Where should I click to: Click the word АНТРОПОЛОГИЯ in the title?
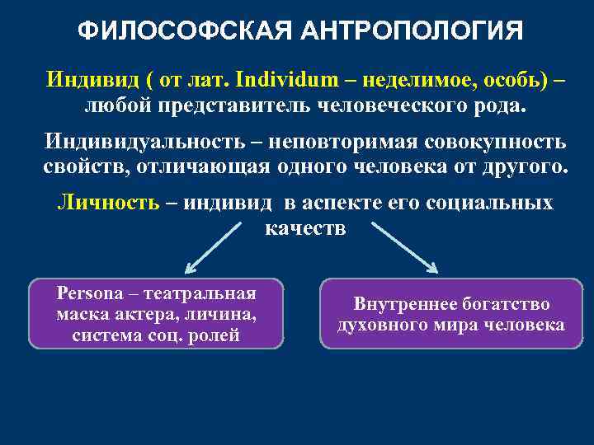[412, 30]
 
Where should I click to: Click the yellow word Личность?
[107, 204]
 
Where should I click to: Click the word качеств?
[305, 227]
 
